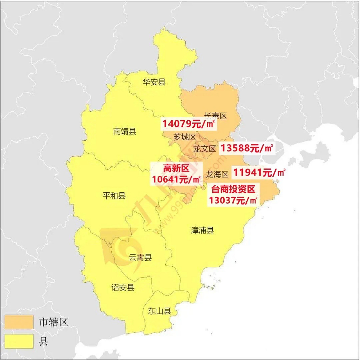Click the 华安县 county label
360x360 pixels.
154,82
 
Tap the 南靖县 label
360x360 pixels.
125,131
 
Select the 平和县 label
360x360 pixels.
114,195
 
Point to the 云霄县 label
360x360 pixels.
140,257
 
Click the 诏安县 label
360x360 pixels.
123,287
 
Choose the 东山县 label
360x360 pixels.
159,311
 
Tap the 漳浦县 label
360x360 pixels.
202,230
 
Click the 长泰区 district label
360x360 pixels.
215,116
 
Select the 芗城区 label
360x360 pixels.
185,137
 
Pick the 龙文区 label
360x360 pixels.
204,149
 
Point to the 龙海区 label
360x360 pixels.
217,174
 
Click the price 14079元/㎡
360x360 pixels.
189,124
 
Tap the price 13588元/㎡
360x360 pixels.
246,148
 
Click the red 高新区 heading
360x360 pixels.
176,168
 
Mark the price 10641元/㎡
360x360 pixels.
176,179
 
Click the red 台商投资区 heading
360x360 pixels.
233,189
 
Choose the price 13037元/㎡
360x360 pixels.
233,201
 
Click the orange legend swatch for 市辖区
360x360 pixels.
19,322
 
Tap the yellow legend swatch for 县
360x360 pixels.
19,341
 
